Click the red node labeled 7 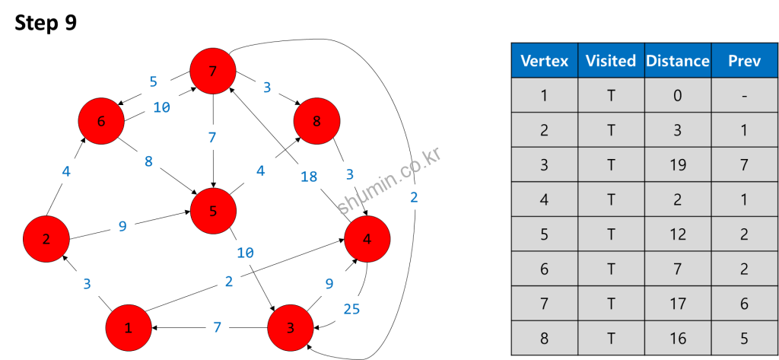[x=213, y=72]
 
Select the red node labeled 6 [x=101, y=121]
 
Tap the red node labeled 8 [x=316, y=121]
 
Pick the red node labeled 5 [x=213, y=212]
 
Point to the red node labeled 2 [x=46, y=239]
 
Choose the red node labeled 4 [x=367, y=239]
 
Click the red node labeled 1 [x=129, y=328]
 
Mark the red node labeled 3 [x=291, y=328]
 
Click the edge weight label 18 [x=309, y=177]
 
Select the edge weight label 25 [x=351, y=308]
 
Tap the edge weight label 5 [x=153, y=81]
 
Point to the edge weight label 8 [x=148, y=161]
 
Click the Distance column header [x=677, y=61]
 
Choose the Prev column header [x=744, y=61]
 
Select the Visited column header [x=611, y=61]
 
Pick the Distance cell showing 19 [x=677, y=165]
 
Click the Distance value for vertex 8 [x=677, y=338]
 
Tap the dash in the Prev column [x=744, y=96]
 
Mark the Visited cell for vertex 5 [x=611, y=234]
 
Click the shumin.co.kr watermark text [x=389, y=182]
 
